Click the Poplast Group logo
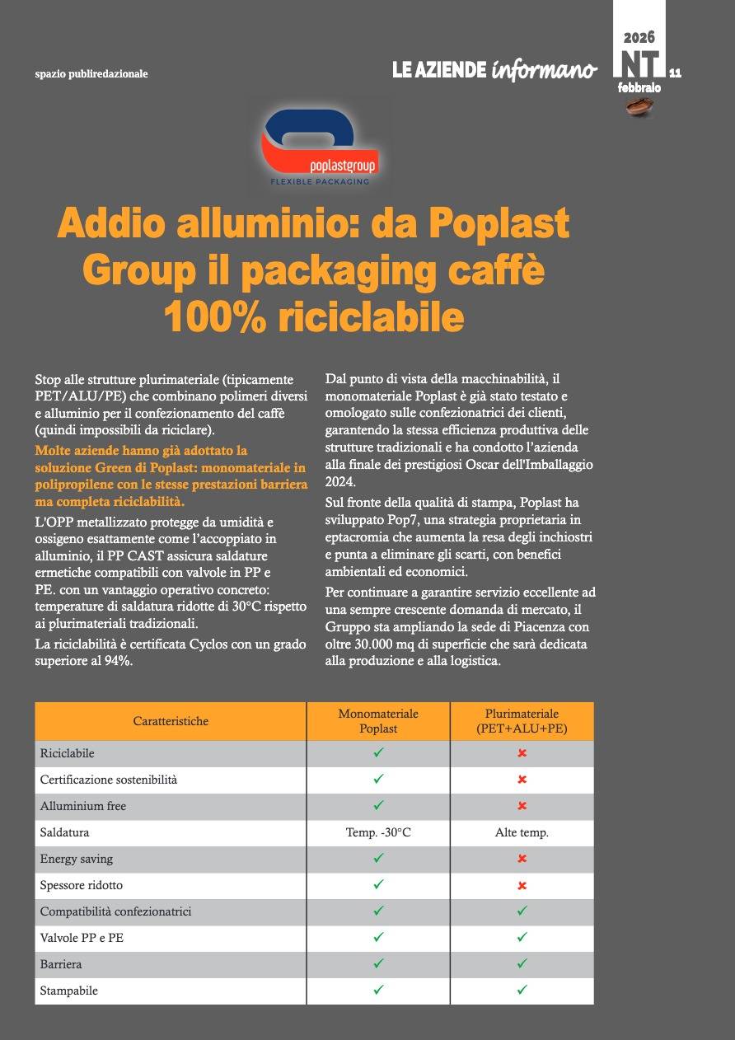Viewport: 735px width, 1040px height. (x=319, y=148)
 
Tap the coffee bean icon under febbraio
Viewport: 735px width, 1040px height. (x=639, y=105)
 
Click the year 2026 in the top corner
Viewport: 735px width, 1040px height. (x=639, y=37)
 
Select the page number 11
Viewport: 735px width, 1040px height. (x=675, y=73)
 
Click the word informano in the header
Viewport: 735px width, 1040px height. (x=544, y=71)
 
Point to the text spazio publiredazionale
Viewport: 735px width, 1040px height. (x=91, y=73)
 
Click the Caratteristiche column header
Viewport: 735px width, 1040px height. (x=171, y=721)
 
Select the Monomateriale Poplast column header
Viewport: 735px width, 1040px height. (x=378, y=721)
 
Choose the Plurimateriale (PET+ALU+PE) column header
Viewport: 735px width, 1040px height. (x=522, y=721)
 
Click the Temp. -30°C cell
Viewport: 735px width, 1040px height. (x=378, y=833)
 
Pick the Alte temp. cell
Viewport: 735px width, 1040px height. (x=522, y=833)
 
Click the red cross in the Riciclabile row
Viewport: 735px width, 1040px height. (x=522, y=753)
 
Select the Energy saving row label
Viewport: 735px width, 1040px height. (x=77, y=859)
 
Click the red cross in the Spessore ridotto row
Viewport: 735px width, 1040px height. (x=522, y=886)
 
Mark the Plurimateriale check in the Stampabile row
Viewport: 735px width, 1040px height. (x=522, y=991)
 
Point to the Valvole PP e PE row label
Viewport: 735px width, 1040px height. (x=82, y=938)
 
